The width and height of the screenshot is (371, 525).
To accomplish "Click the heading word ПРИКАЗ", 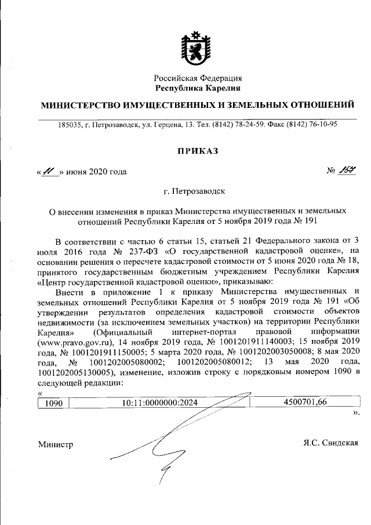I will pyautogui.click(x=197, y=151).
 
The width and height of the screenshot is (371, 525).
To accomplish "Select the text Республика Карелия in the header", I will pyautogui.click(x=198, y=88).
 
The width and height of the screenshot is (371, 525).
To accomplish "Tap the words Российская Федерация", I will pyautogui.click(x=198, y=78).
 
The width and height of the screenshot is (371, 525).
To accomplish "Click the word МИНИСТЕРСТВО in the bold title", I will pyautogui.click(x=78, y=106).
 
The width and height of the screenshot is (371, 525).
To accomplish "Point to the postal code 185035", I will pyautogui.click(x=69, y=124).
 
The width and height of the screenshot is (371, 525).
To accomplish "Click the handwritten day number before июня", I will pyautogui.click(x=48, y=171).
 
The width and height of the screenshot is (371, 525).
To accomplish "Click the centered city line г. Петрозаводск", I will pyautogui.click(x=197, y=190).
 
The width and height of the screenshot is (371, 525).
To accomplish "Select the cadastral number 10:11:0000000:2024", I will pyautogui.click(x=160, y=402).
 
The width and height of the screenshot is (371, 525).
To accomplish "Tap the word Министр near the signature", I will pyautogui.click(x=56, y=444).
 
